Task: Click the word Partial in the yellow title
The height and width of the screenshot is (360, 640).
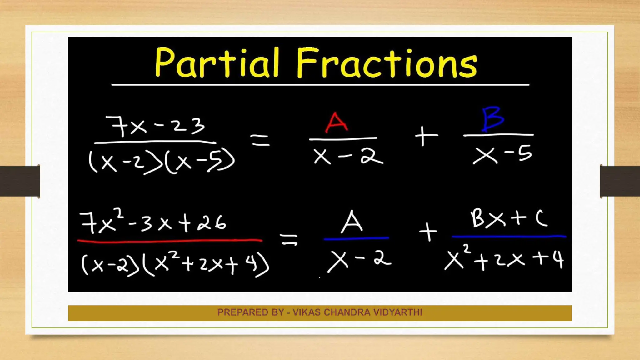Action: pos(217,62)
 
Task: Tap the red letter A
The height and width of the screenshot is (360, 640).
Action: pos(336,122)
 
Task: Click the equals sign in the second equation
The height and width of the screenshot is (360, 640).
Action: pos(289,240)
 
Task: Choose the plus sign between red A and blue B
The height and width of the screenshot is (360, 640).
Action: pos(426,136)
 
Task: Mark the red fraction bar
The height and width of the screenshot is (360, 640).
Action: pos(170,241)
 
